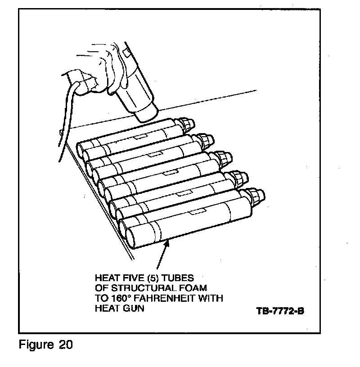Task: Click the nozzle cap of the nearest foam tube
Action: [254, 198]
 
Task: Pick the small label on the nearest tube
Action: [198, 210]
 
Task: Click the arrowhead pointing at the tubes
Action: [167, 245]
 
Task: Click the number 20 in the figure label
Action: [63, 345]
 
